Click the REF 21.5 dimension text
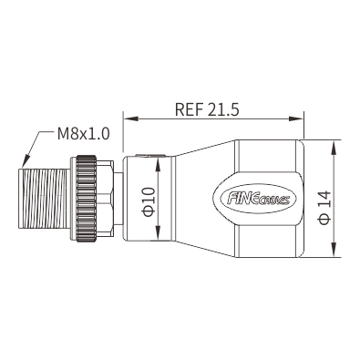coord(207,109)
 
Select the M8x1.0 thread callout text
coord(83,134)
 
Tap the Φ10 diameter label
coord(149,201)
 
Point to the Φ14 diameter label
coord(324,208)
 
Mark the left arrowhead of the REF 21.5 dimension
coord(130,118)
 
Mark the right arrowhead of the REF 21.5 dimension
coord(296,118)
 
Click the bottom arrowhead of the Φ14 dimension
coord(334,250)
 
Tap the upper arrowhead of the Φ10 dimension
coord(158,164)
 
